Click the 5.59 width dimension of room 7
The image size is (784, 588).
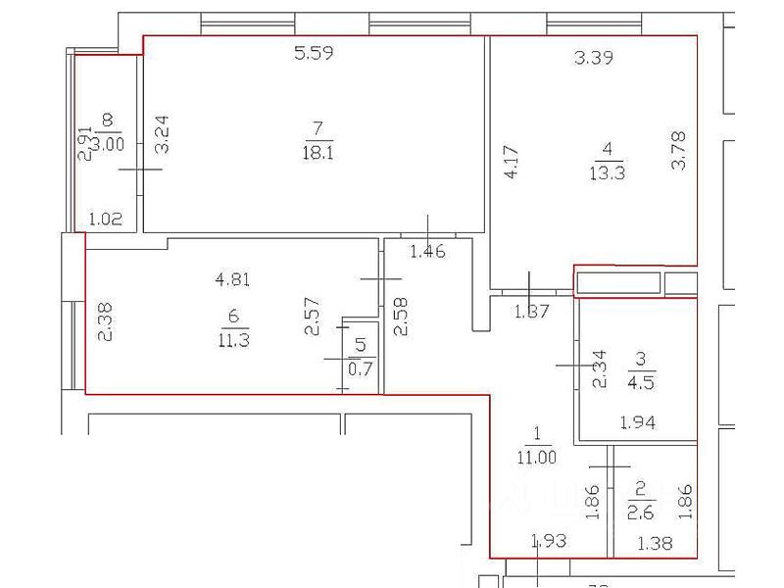point(315,55)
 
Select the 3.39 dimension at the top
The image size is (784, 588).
point(593,58)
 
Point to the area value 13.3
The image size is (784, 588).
point(609,172)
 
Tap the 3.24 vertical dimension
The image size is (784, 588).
point(164,134)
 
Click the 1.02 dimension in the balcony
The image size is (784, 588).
point(105,220)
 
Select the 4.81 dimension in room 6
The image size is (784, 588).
point(232,278)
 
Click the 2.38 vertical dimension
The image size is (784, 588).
point(106,320)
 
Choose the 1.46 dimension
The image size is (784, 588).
point(427,252)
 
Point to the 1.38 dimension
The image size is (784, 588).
point(655,544)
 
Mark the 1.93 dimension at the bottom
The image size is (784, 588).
point(548,541)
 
